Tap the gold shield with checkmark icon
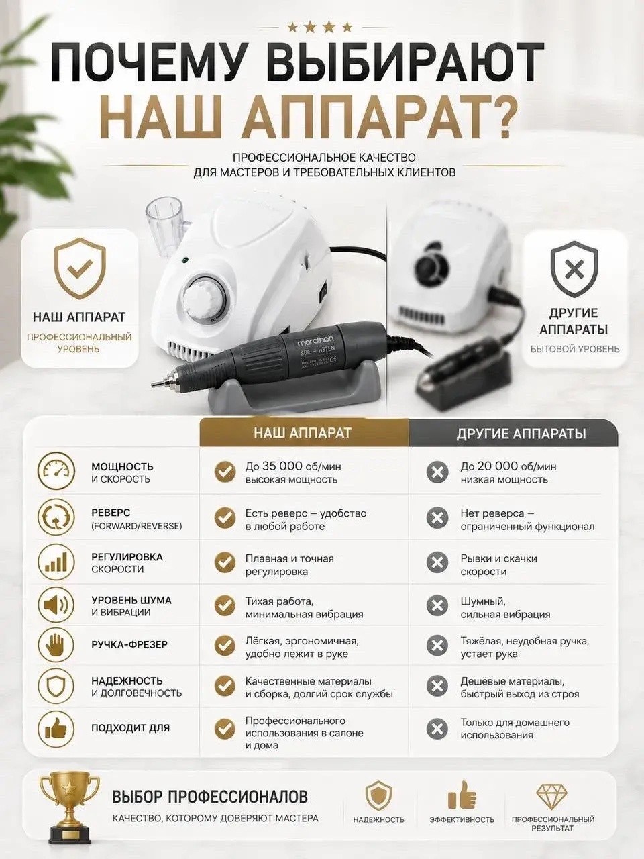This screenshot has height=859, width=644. pos(80,268)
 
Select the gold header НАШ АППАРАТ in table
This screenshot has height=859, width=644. pos(303,432)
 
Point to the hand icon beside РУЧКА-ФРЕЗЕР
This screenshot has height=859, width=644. pos(56,646)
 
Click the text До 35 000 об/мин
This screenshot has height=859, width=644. pos(293,467)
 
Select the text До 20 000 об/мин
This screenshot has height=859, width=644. pos(508,467)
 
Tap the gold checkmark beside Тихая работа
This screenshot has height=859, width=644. pos(225,605)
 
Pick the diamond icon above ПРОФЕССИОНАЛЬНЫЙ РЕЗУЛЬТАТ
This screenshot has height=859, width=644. pos(553,795)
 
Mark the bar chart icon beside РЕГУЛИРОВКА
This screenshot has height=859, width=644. pos(56,562)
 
